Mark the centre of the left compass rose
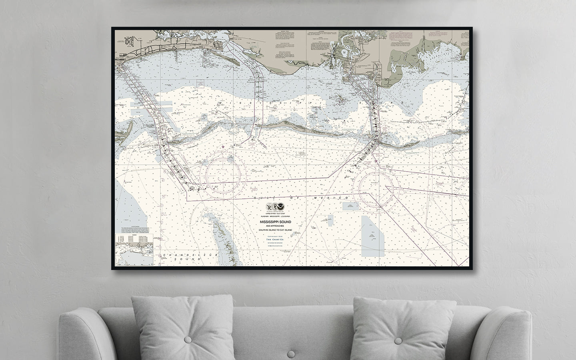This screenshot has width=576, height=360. pos(225,175)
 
